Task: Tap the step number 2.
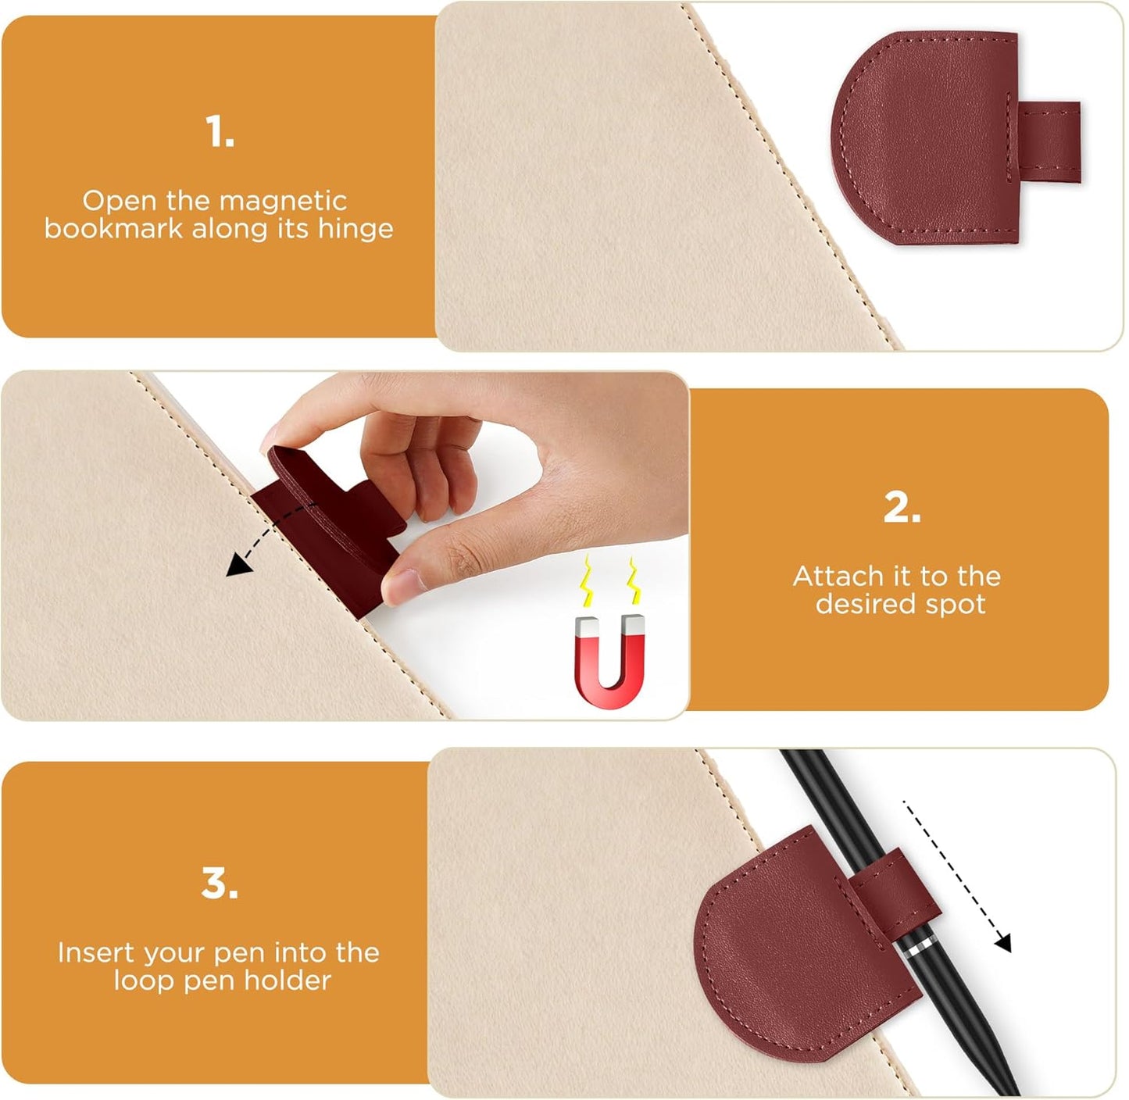coord(902,508)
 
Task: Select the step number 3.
coord(219,884)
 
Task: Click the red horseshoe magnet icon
coord(610,661)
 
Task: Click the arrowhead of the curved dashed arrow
coord(233,569)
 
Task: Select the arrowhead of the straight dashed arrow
coord(1003,944)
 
